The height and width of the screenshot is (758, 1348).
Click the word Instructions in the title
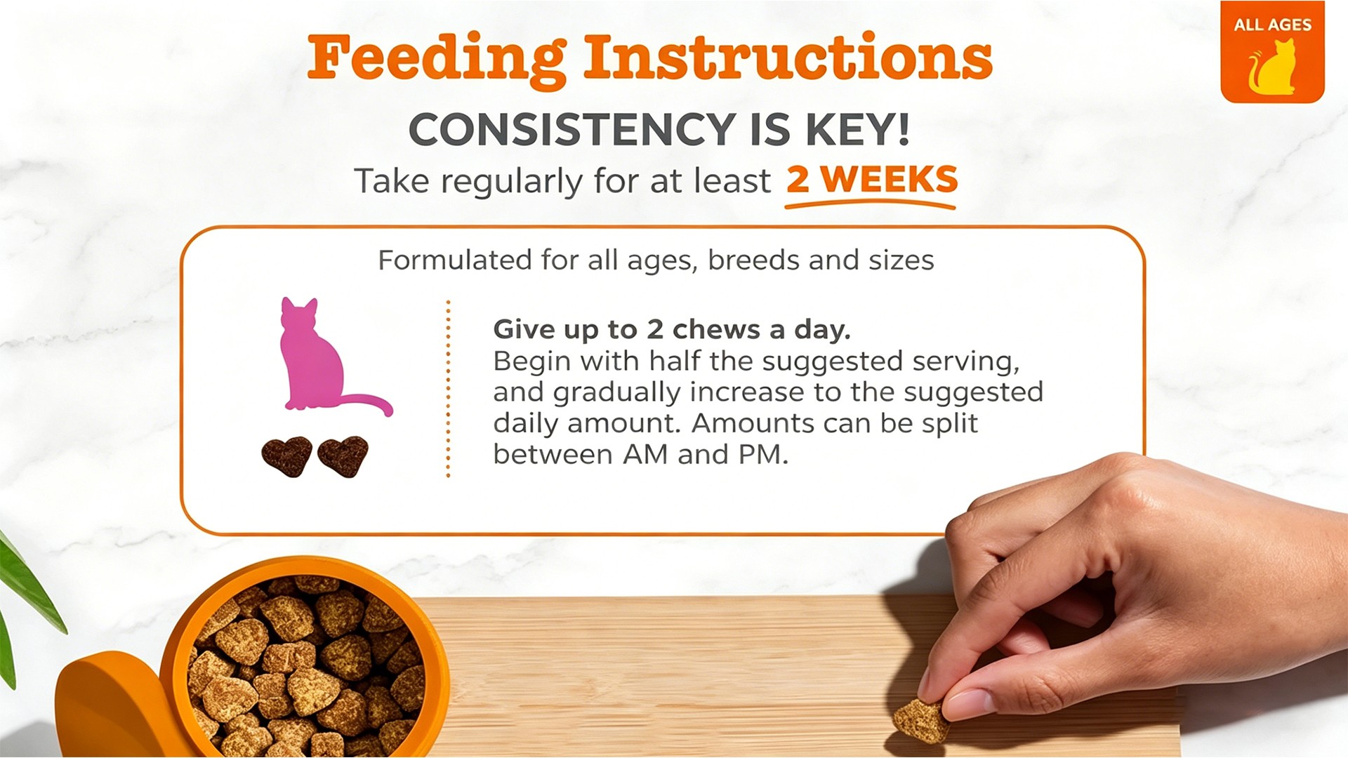tap(788, 57)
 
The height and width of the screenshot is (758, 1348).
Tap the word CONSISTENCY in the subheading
tap(571, 129)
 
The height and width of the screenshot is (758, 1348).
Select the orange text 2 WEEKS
tap(872, 180)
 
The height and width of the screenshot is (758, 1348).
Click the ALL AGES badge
tap(1272, 52)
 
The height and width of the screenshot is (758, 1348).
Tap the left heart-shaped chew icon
tap(287, 456)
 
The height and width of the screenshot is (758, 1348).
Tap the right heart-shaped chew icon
tap(343, 456)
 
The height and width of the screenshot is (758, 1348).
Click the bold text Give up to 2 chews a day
tap(672, 329)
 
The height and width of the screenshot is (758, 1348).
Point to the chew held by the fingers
tap(920, 720)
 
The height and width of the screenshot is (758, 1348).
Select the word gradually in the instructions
tap(616, 393)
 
